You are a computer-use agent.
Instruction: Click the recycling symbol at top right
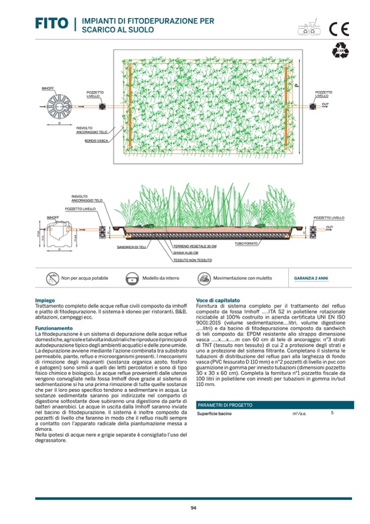coord(339,51)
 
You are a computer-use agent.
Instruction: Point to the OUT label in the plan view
coord(325,103)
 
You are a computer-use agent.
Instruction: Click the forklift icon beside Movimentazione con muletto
coord(203,278)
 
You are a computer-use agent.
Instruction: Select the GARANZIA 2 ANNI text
coord(311,278)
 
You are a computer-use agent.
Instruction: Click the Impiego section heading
coord(44,301)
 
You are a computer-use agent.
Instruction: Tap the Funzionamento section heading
coord(53,328)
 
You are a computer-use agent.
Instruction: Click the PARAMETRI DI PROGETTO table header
coord(225,405)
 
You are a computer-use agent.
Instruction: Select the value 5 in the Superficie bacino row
coord(332,413)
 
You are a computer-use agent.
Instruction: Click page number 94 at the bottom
coord(193,508)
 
